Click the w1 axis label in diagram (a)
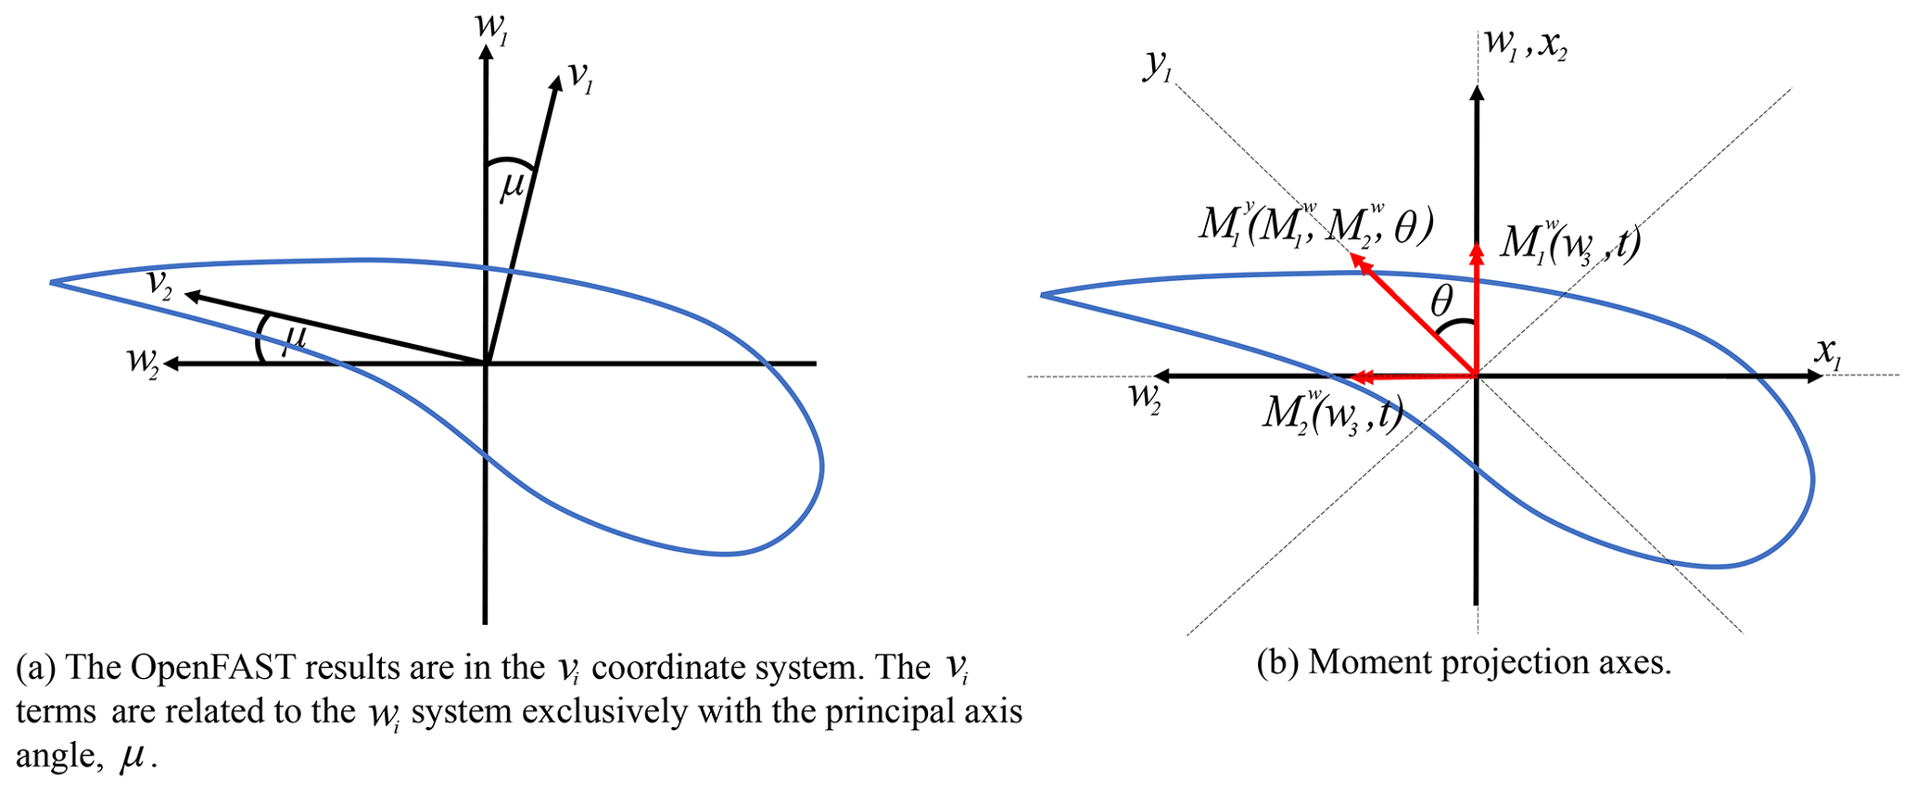click(489, 24)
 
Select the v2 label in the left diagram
click(159, 284)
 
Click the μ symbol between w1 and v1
click(512, 187)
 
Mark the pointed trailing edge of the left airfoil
click(52, 281)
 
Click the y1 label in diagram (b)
click(1156, 65)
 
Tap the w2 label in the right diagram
click(1144, 396)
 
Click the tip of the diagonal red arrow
click(1356, 261)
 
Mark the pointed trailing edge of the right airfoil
click(1043, 295)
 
